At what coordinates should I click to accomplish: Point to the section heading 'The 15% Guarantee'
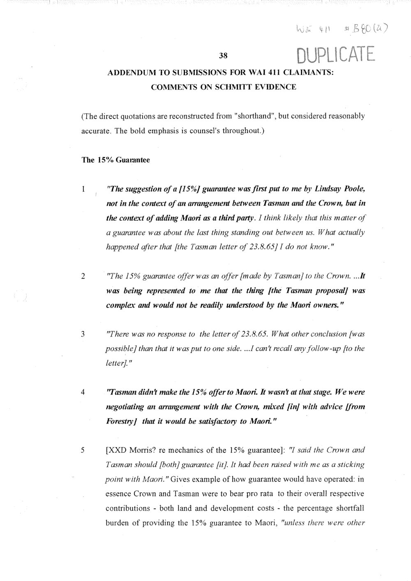click(x=116, y=160)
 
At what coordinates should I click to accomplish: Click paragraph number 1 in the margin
click(x=83, y=190)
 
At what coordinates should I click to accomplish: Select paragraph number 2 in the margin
click(x=83, y=276)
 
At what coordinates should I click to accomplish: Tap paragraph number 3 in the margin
click(x=83, y=334)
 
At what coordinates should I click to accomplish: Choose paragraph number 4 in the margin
click(x=83, y=392)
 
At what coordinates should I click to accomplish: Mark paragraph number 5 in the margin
click(x=83, y=450)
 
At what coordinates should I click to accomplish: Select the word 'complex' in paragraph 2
click(x=118, y=305)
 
